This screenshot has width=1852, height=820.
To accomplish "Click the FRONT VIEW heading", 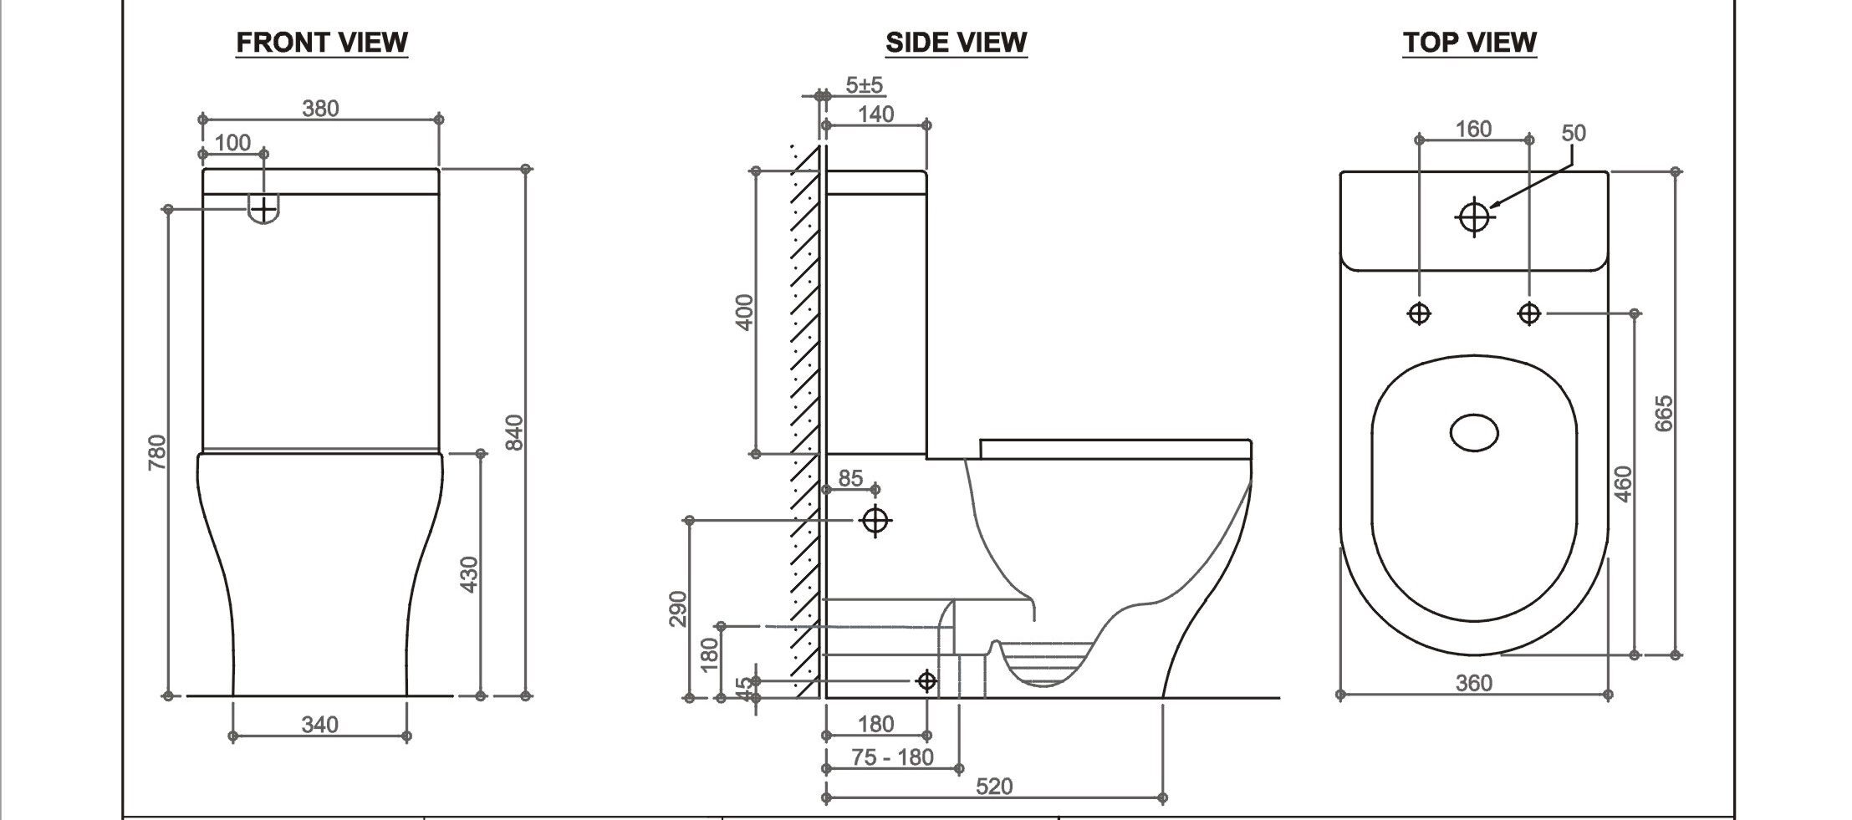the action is point(322,42).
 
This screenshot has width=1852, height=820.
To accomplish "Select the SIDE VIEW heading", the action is point(956,42).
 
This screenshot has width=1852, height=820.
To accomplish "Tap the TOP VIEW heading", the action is point(1469,42).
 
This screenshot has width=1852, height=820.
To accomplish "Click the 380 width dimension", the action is point(320,109).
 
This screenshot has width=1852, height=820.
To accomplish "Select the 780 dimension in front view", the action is point(157,451).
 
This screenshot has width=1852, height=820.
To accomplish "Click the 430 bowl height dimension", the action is point(469,574).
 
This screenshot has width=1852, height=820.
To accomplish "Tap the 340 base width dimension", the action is point(319,724).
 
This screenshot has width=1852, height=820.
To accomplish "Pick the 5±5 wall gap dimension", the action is point(864,84).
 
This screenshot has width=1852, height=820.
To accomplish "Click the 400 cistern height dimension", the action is point(744,312).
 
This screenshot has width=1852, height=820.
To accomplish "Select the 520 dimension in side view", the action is point(993,787).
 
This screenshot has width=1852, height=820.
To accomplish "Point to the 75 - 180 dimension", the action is point(892,757).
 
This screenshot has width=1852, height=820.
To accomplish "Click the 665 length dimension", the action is point(1664,413).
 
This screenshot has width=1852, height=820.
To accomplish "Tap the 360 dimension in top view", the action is point(1473,684).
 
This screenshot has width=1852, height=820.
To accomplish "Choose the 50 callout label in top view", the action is point(1573,133).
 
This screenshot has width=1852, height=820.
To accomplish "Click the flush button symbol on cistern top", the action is point(1474,217).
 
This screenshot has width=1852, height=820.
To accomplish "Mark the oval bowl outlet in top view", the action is point(1473,433).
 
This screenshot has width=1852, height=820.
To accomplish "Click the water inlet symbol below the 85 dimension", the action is point(875,521).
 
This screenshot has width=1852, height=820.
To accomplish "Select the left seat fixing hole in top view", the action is point(1419,313).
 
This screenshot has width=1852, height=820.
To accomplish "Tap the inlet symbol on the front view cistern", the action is point(264,209).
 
